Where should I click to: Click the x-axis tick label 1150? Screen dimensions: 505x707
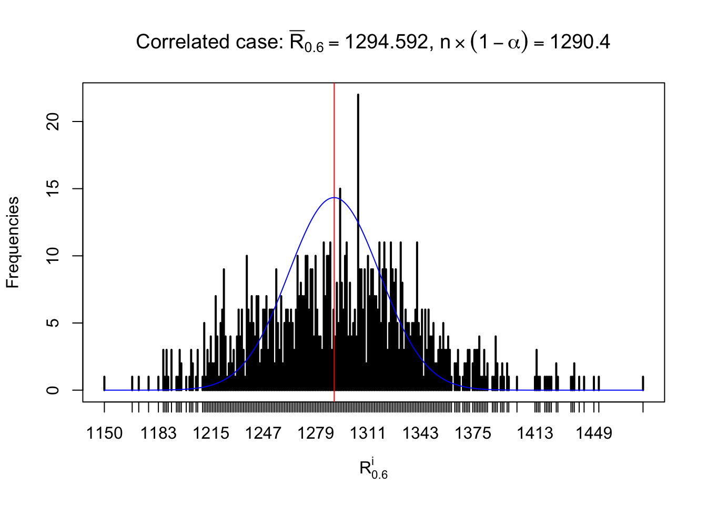pyautogui.click(x=104, y=433)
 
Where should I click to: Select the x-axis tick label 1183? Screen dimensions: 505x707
pyautogui.click(x=158, y=433)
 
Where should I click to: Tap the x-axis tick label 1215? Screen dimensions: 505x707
pyautogui.click(x=211, y=433)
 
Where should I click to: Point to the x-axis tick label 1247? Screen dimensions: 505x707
pyautogui.click(x=263, y=433)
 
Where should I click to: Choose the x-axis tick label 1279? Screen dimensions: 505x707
pyautogui.click(x=316, y=433)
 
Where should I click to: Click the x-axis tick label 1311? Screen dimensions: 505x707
pyautogui.click(x=368, y=433)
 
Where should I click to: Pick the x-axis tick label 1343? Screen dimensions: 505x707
pyautogui.click(x=420, y=433)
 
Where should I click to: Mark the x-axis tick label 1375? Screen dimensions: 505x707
pyautogui.click(x=472, y=433)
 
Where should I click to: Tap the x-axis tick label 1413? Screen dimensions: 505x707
pyautogui.click(x=534, y=433)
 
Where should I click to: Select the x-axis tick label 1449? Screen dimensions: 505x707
pyautogui.click(x=593, y=433)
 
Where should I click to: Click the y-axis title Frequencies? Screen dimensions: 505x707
pyautogui.click(x=13, y=243)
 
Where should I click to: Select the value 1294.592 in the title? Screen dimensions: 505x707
pyautogui.click(x=387, y=42)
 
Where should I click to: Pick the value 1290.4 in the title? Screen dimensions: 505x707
pyautogui.click(x=580, y=42)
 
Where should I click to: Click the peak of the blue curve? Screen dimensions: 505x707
pyautogui.click(x=334, y=198)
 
